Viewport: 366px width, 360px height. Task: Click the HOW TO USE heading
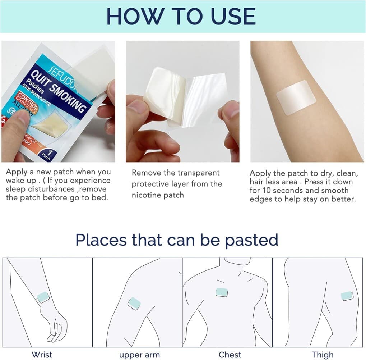point(181,16)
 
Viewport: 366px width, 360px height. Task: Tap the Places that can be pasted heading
point(177,240)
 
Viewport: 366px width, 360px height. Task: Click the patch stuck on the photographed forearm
point(296,97)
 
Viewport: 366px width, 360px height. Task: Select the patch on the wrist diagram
point(43,297)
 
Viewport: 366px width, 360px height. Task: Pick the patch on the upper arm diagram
point(134,303)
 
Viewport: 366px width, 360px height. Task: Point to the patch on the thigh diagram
point(347,296)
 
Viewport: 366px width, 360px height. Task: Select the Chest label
point(230,355)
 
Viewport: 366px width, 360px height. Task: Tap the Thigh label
point(322,355)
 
